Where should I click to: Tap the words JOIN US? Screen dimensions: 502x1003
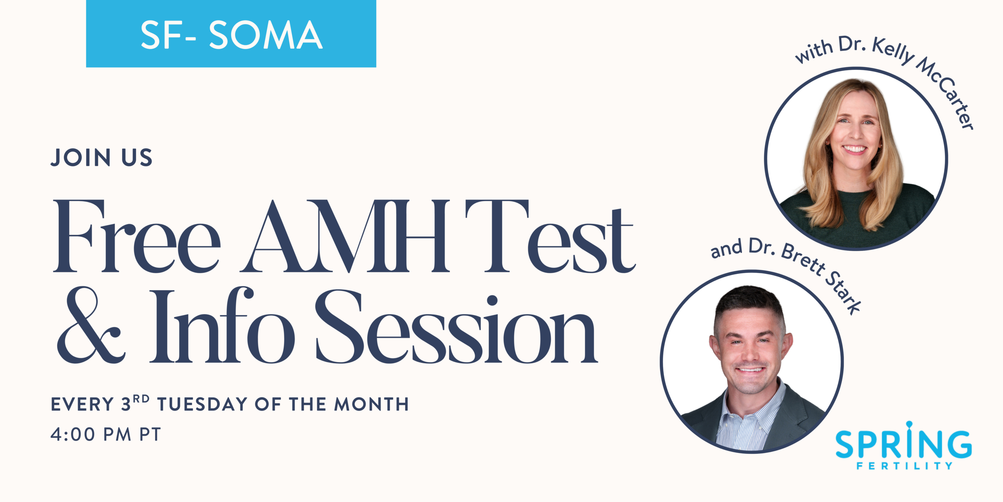[101, 158]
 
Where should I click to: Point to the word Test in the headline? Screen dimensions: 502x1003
[549, 237]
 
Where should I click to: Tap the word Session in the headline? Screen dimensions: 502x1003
[456, 327]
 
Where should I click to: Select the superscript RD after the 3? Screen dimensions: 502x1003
[141, 399]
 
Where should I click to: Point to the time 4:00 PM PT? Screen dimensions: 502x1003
[106, 435]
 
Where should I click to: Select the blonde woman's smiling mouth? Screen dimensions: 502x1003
[855, 149]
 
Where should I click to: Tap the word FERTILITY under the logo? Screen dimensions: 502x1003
[904, 466]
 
